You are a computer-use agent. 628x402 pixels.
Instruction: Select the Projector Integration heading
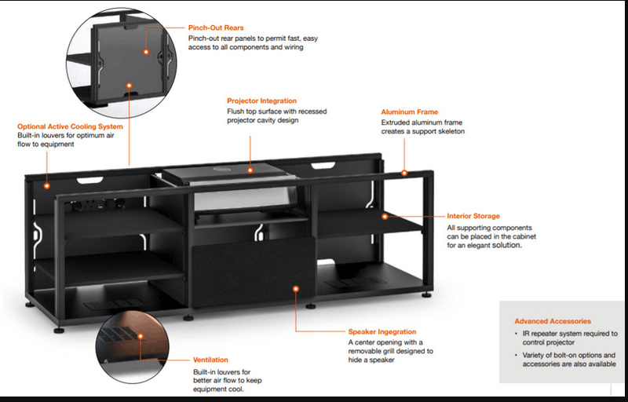pos(262,100)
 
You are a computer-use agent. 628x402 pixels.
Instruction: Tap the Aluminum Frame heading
pos(410,112)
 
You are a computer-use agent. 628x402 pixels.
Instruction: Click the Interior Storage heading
pos(473,216)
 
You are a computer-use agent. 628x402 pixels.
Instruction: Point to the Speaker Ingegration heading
pos(382,332)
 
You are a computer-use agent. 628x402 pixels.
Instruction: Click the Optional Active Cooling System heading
pos(71,126)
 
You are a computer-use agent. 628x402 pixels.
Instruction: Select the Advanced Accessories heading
pos(553,321)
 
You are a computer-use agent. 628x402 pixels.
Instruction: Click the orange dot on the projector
pos(250,169)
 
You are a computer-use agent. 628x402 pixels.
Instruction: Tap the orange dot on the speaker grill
pos(296,289)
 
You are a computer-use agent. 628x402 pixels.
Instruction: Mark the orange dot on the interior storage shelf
pos(385,216)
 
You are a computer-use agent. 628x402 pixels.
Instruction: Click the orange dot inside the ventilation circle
pos(140,335)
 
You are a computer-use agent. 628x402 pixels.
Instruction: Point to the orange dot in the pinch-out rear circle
pos(146,50)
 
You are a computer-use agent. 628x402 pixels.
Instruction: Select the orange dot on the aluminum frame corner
pos(404,172)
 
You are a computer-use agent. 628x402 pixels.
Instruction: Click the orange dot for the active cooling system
pos(47,186)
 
